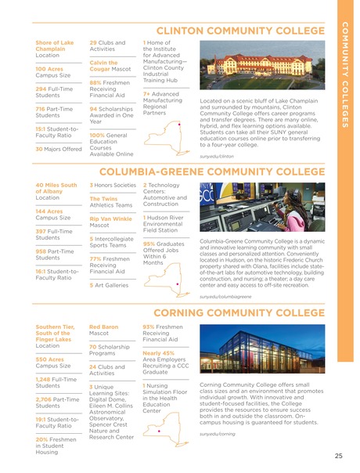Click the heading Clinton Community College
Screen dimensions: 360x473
pos(236,31)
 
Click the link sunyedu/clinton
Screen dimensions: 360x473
pos(219,157)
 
